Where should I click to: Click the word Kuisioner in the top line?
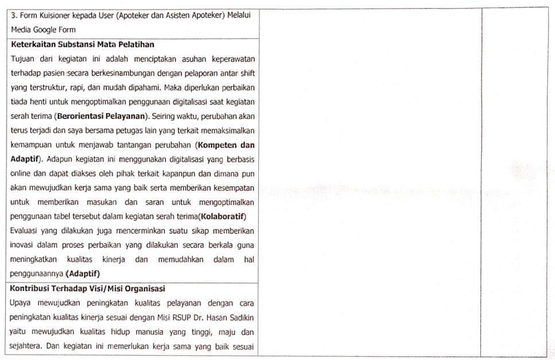click(57, 15)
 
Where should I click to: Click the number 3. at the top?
click(14, 15)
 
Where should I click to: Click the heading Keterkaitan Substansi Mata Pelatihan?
click(82, 44)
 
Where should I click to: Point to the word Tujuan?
click(23, 59)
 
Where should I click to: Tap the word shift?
click(247, 73)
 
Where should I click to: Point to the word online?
click(21, 173)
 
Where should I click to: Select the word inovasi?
click(24, 245)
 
